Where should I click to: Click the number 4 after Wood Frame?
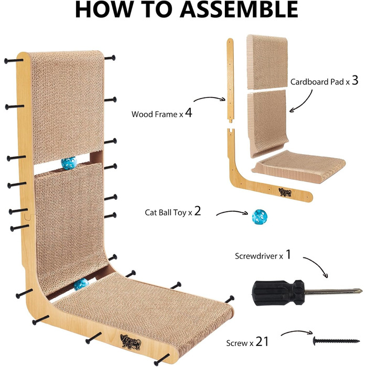pyautogui.click(x=188, y=113)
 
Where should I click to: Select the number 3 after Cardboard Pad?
pyautogui.click(x=355, y=80)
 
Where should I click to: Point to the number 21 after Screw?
pyautogui.click(x=262, y=341)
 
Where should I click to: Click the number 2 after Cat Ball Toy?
pyautogui.click(x=198, y=211)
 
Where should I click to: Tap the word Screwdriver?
pyautogui.click(x=256, y=256)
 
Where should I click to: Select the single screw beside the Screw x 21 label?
pyautogui.click(x=336, y=341)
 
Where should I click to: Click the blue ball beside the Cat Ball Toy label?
pyautogui.click(x=260, y=217)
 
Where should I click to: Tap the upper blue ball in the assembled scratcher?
pyautogui.click(x=69, y=163)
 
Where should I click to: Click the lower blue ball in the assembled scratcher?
pyautogui.click(x=81, y=284)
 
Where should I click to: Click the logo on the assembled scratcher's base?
pyautogui.click(x=131, y=342)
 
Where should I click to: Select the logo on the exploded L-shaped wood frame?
pyautogui.click(x=285, y=192)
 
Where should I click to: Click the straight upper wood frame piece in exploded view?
pyautogui.click(x=231, y=80)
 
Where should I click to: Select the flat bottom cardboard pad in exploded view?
pyautogui.click(x=299, y=167)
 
